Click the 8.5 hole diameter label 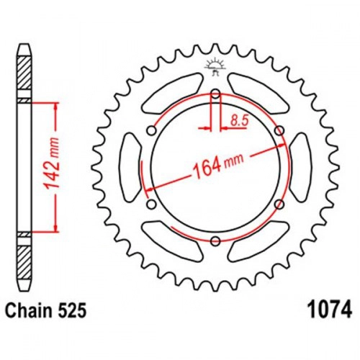coord(239,120)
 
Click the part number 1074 coord(331,310)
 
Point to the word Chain coord(29,310)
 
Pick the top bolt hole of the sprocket coord(215,94)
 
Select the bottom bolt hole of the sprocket coord(215,240)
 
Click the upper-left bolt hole coord(152,131)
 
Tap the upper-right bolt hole coord(279,131)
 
